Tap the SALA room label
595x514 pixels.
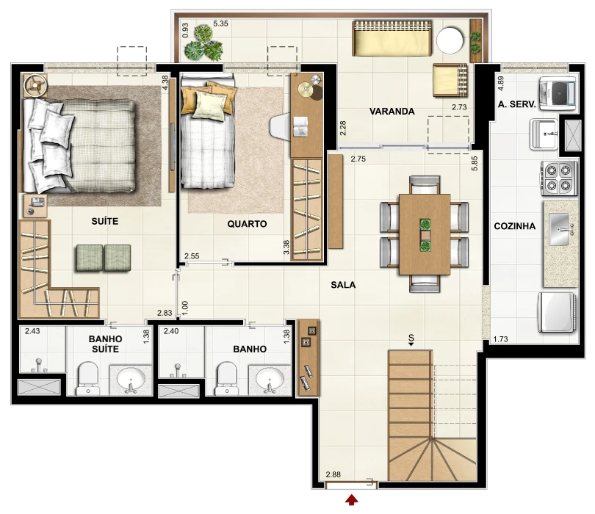[343, 285]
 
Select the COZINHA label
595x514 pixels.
[514, 226]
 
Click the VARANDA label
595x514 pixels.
[392, 112]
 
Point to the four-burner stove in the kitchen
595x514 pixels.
[558, 178]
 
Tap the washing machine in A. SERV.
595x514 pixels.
[558, 93]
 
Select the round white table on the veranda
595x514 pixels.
[450, 40]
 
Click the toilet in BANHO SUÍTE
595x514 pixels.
[88, 378]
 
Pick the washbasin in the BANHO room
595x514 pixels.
[270, 380]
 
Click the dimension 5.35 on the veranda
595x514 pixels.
[220, 23]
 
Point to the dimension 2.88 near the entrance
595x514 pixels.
[333, 474]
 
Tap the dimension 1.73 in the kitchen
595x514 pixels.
[500, 339]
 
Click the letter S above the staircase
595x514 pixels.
[411, 337]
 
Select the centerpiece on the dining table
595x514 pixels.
[425, 235]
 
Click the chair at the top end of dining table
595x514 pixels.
[425, 185]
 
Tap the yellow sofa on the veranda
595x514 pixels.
[392, 38]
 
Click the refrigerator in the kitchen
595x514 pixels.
[558, 313]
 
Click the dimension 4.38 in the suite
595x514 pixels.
[165, 83]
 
